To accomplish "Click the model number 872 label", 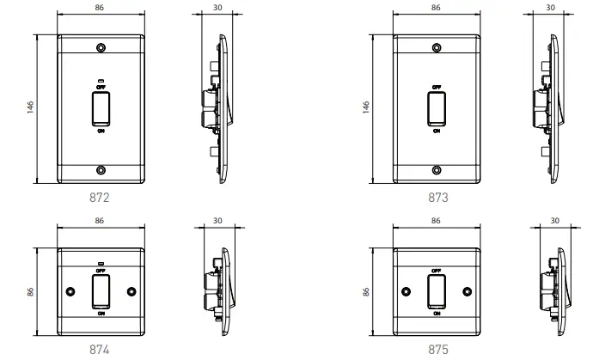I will click(x=100, y=198).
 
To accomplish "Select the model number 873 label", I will click(x=437, y=198).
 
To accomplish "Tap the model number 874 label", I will click(x=100, y=350).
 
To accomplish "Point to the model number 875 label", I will click(x=437, y=350).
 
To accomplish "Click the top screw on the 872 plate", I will click(x=101, y=48).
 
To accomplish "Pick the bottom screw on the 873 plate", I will click(x=436, y=169).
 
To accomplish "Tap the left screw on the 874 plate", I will click(x=70, y=290).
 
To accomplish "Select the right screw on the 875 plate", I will click(x=467, y=290).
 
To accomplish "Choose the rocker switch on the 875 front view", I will click(x=436, y=291).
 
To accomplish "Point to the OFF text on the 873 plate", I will click(x=436, y=88).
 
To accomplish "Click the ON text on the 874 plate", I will click(x=101, y=314).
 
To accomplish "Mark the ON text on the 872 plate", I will click(x=101, y=131).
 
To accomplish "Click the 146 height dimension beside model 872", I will click(x=30, y=109).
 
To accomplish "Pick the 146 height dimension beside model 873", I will click(x=367, y=109).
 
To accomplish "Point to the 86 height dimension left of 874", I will click(x=30, y=292).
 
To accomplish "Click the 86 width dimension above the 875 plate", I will click(x=436, y=222).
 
